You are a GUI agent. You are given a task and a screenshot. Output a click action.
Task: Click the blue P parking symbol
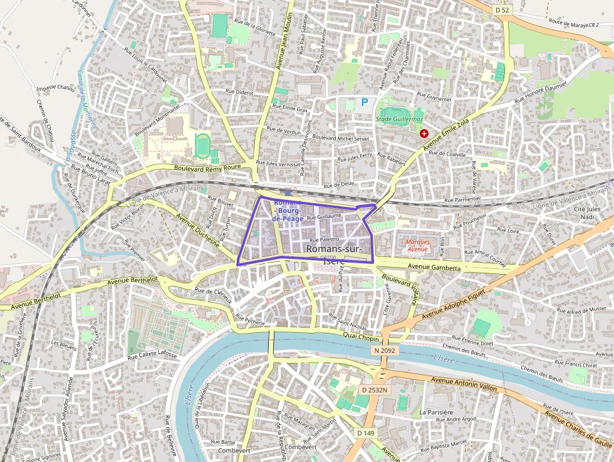click(365, 102)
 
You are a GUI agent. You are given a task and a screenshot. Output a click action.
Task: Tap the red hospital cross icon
click(424, 134)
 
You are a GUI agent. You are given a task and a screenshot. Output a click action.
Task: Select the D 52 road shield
click(501, 10)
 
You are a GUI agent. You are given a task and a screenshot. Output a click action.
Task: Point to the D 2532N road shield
click(375, 390)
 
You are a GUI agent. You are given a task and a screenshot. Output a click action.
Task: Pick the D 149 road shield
click(366, 433)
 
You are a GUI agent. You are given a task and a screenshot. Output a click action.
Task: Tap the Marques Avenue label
click(417, 245)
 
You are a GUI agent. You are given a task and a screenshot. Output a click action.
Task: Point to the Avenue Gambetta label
click(434, 268)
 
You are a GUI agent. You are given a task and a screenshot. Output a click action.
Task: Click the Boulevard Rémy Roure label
click(207, 167)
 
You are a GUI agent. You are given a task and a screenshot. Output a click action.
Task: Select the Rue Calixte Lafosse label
click(153, 355)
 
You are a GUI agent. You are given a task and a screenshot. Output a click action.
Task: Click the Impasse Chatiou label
click(56, 89)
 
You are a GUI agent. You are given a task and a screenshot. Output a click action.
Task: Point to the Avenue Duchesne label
click(198, 230)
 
